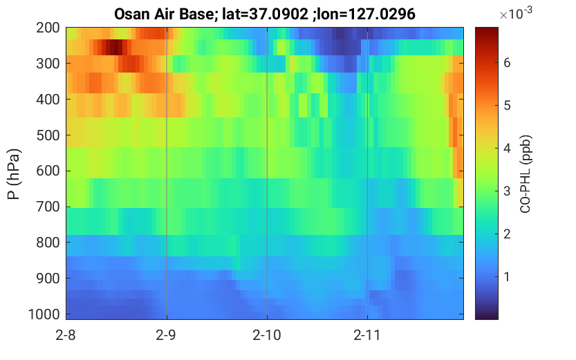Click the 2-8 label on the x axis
click(66, 335)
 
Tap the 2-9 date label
click(166, 335)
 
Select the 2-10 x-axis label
click(267, 335)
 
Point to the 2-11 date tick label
click(367, 335)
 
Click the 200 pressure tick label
click(48, 28)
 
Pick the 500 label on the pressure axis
click(48, 135)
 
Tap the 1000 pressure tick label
click(44, 314)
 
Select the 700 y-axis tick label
click(48, 207)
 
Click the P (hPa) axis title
click(13, 174)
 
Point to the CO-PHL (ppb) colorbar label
click(526, 174)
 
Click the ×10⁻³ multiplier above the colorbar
click(516, 13)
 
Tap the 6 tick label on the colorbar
click(507, 63)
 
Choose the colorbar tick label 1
click(507, 276)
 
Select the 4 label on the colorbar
click(507, 149)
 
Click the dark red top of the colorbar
click(487, 31)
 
